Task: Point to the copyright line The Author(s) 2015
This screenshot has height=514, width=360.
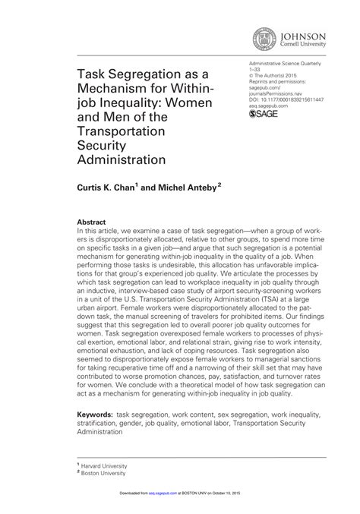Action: point(282,78)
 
